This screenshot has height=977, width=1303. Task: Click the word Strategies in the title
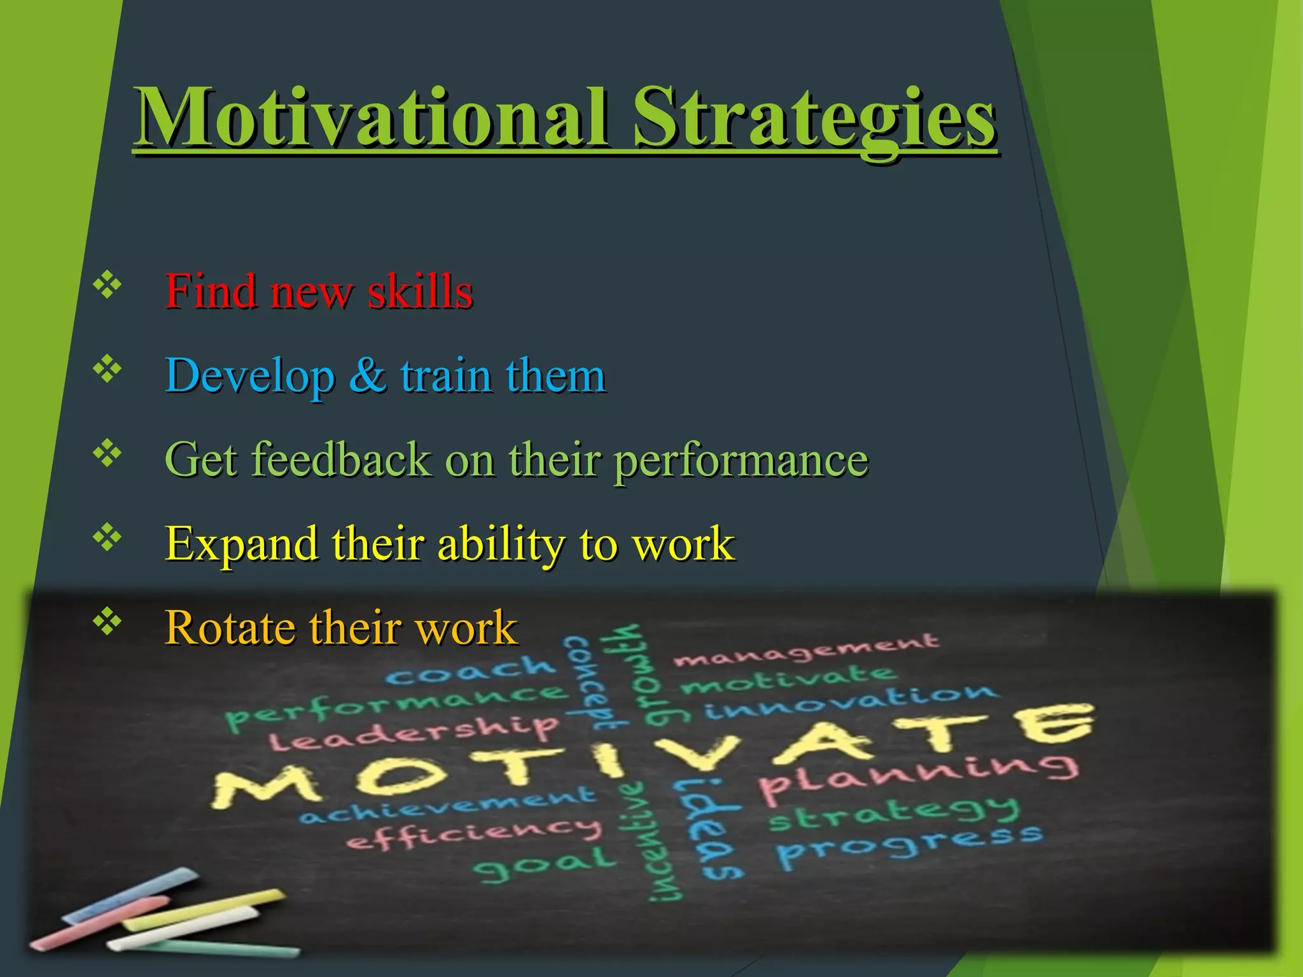(814, 118)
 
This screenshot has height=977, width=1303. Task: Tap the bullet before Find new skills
(108, 286)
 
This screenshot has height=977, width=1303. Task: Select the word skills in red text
(421, 291)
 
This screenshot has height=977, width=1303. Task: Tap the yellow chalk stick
(204, 910)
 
